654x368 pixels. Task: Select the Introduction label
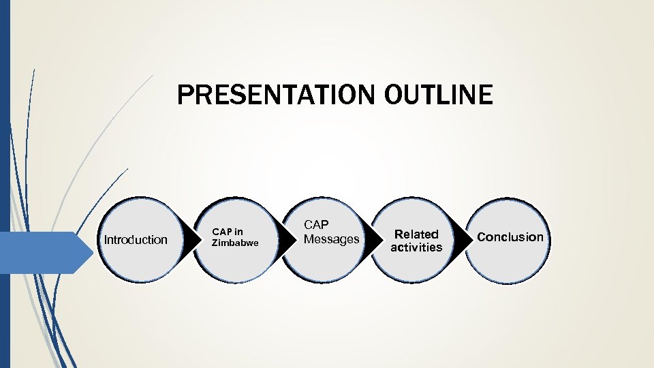pos(135,239)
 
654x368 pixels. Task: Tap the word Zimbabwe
pos(235,243)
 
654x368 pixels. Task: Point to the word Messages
pos(331,239)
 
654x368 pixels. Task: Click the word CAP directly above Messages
pos(316,224)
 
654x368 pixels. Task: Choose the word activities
pos(416,247)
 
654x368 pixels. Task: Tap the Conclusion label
pos(510,237)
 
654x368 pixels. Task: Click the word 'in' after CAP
pos(238,232)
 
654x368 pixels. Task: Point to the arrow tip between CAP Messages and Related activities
pos(379,240)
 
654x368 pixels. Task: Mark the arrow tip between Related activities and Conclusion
pos(471,240)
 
